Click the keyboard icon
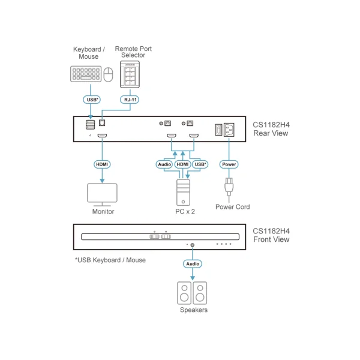86,74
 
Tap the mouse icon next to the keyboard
108,74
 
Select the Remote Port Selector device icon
130,74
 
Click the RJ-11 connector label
130,100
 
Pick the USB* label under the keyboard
92,100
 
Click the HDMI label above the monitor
102,164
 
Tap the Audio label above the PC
164,164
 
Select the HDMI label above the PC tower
182,164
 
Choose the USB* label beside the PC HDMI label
200,164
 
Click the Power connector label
229,164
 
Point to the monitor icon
102,194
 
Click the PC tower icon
183,193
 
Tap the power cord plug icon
229,187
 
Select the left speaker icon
184,293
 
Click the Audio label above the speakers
193,264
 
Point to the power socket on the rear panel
229,130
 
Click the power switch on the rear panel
218,130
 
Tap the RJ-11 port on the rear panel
102,123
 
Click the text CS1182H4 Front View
271,235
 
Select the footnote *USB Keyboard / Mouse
110,260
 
